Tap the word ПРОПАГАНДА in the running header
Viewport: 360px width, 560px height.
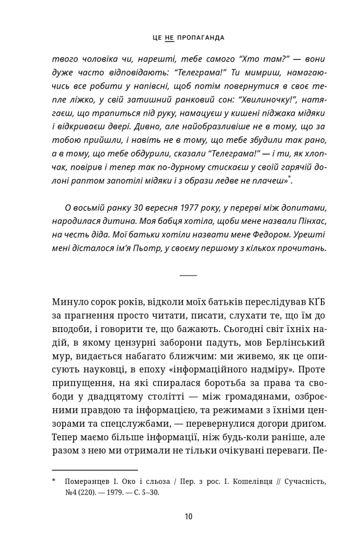coord(200,38)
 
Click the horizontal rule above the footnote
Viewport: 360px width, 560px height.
coord(95,470)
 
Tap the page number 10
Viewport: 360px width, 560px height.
coord(188,516)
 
